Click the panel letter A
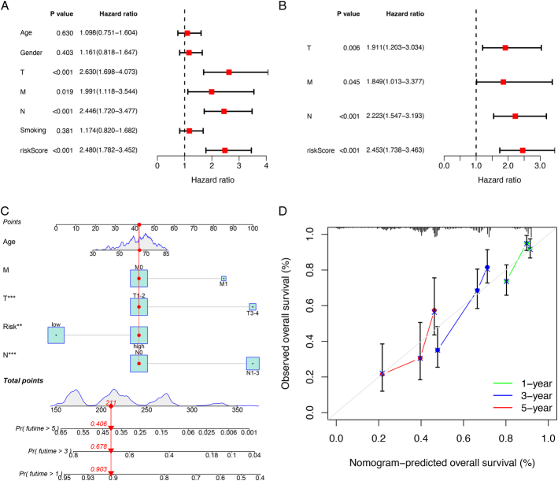click(6, 6)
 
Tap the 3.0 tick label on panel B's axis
click(540, 166)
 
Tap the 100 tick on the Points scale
click(252, 228)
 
